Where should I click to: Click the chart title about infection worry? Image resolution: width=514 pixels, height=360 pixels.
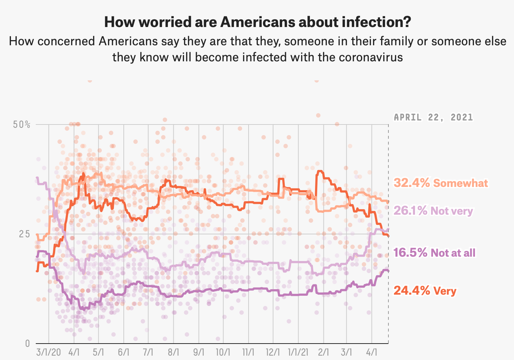point(257,22)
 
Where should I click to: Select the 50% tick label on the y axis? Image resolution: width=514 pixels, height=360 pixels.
point(22,125)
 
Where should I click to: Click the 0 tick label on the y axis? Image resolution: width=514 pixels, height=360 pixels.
point(27,343)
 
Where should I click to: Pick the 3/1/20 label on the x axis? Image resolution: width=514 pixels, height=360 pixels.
point(49,353)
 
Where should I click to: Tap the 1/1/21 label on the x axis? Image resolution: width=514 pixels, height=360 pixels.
point(298,353)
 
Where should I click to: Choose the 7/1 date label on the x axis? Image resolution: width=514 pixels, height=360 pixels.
point(148,353)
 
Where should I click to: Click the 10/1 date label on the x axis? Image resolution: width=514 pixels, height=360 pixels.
point(223,353)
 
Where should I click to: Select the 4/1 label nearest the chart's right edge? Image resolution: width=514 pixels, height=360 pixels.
point(372,353)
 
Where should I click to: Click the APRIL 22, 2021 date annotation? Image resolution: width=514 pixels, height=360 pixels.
point(433,118)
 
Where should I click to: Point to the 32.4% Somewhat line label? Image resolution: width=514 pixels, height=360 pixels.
point(441,183)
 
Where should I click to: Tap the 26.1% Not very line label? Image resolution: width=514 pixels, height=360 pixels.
point(433,211)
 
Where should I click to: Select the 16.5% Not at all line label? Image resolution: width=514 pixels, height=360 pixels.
point(434,253)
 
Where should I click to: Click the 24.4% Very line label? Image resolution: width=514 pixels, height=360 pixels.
point(425,291)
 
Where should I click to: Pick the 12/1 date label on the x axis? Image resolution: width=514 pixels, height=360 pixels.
point(273,353)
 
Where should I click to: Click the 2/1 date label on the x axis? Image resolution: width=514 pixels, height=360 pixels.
point(323,353)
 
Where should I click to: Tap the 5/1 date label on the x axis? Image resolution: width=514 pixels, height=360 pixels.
point(98,353)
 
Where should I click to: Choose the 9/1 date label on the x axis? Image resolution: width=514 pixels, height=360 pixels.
point(199,353)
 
